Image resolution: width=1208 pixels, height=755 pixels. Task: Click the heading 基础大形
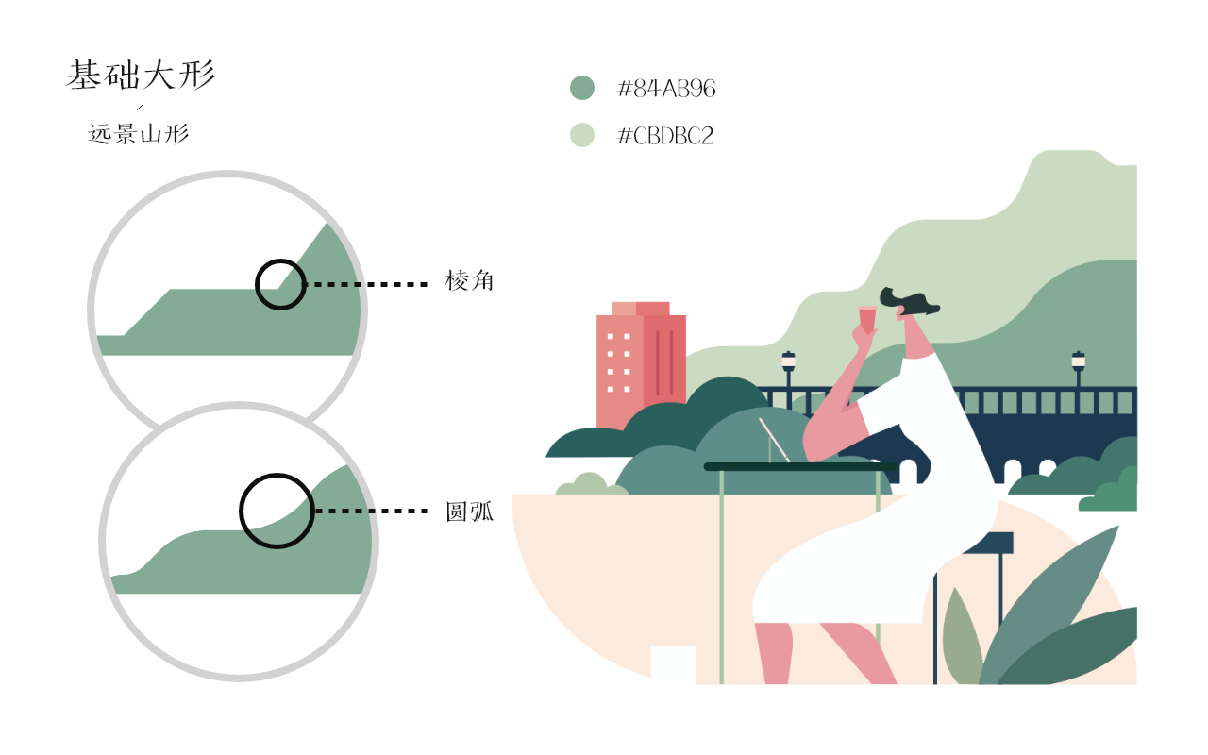point(141,75)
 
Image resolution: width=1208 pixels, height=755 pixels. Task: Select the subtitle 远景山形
point(139,134)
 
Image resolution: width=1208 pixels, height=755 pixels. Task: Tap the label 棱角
point(469,281)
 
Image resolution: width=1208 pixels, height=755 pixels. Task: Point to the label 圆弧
point(469,512)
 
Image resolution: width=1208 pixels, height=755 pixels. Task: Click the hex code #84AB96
point(666,89)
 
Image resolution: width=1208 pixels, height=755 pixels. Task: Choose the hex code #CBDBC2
point(665,136)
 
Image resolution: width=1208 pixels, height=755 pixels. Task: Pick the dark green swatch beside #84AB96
point(582,88)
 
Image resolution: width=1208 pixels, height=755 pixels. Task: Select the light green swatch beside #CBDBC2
point(582,135)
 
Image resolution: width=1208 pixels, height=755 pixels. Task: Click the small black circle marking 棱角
point(281,284)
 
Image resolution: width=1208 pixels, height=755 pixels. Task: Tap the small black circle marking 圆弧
point(277,511)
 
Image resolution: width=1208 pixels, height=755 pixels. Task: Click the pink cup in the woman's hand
point(866,319)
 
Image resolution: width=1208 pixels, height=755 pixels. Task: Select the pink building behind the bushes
point(641,368)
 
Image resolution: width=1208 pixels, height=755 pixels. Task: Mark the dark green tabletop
point(799,466)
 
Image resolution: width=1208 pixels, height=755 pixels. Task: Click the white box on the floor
point(673,664)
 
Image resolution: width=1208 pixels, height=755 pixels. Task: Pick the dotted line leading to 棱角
point(367,284)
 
